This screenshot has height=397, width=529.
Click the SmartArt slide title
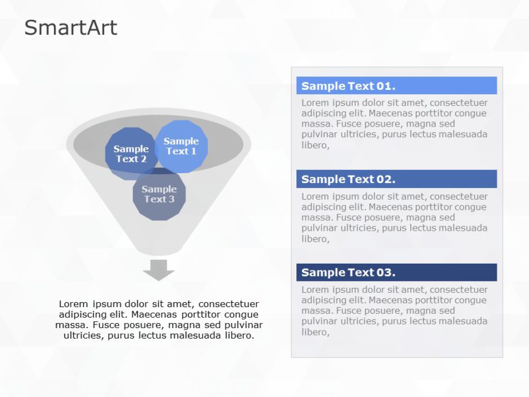point(70,28)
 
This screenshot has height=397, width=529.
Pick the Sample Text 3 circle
point(159,195)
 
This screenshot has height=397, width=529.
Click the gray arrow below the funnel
point(159,270)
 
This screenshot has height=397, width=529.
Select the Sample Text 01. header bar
point(396,86)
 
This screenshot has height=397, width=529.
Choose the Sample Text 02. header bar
point(396,179)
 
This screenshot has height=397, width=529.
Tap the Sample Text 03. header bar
point(396,272)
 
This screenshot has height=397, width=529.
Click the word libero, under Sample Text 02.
point(315,239)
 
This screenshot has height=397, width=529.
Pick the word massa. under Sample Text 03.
point(316,311)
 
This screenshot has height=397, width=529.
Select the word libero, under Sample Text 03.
point(315,332)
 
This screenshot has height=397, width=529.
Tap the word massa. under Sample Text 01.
point(316,124)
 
